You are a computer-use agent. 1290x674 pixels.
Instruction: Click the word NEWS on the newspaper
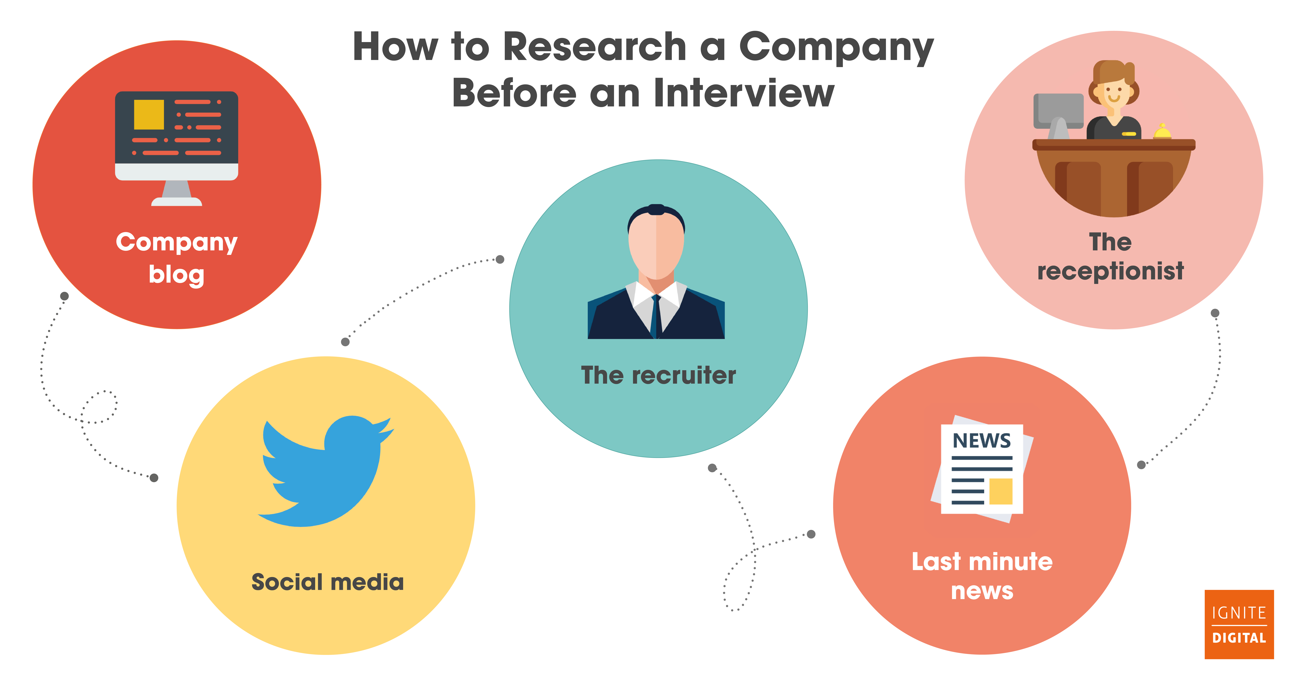982,441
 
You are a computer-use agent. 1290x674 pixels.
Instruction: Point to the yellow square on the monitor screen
149,114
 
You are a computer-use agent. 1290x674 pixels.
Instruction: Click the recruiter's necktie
656,316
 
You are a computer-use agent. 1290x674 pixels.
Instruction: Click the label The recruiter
658,375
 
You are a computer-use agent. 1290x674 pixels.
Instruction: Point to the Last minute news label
982,576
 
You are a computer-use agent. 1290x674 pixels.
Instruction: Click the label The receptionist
1110,256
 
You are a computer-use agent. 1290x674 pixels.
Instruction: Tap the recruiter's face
656,248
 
